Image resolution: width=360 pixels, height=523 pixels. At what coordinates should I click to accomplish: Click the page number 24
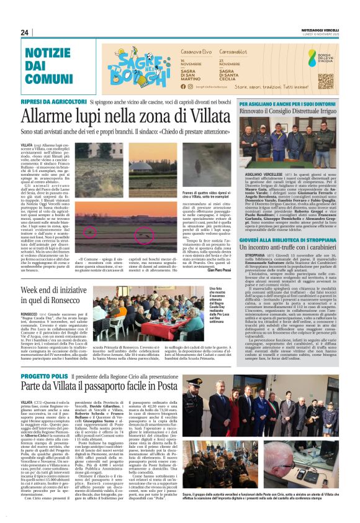tap(25, 32)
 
